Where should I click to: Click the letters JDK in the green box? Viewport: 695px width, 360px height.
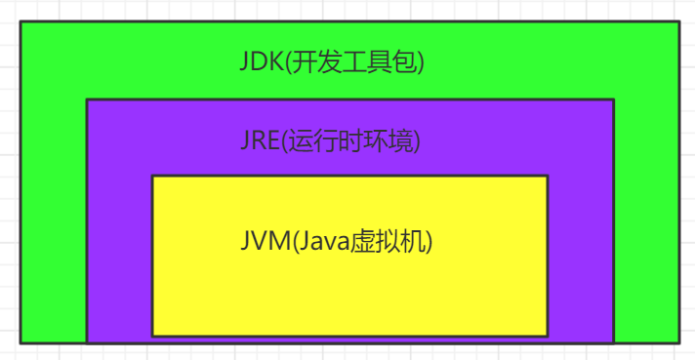(x=259, y=61)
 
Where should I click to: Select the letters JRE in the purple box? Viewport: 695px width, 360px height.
(x=259, y=140)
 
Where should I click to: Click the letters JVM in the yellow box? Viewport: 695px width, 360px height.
(x=261, y=240)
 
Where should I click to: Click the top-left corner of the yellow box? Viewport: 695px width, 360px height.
(x=152, y=176)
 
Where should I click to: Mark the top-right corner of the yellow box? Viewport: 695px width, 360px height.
(x=548, y=176)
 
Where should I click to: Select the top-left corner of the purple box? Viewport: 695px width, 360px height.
(x=87, y=100)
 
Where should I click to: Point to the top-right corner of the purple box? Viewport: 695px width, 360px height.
(x=613, y=100)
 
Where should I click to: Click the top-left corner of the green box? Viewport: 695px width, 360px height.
(x=20, y=21)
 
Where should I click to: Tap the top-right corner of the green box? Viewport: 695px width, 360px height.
(x=678, y=21)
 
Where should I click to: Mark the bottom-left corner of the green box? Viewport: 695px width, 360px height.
(x=20, y=342)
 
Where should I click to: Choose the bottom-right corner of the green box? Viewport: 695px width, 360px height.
(x=678, y=342)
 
